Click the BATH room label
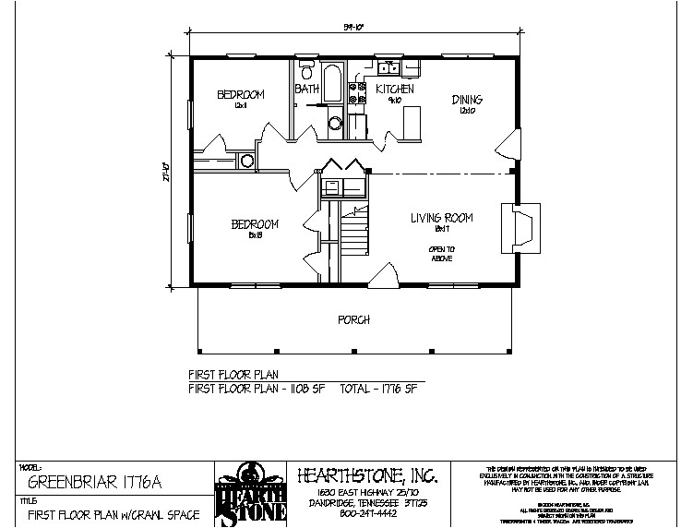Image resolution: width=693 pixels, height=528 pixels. coord(307,89)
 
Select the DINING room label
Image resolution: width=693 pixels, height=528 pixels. coord(467,100)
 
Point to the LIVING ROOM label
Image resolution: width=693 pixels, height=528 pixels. coord(442,218)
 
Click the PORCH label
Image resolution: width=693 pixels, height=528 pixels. coord(354,319)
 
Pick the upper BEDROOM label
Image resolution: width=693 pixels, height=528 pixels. coord(242,94)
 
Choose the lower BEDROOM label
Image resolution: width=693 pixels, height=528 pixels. coord(254,224)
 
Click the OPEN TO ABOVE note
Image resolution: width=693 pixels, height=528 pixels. coord(442,255)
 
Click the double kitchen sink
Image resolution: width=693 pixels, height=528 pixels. coord(391,68)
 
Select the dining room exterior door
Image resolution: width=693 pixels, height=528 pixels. coord(508,145)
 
